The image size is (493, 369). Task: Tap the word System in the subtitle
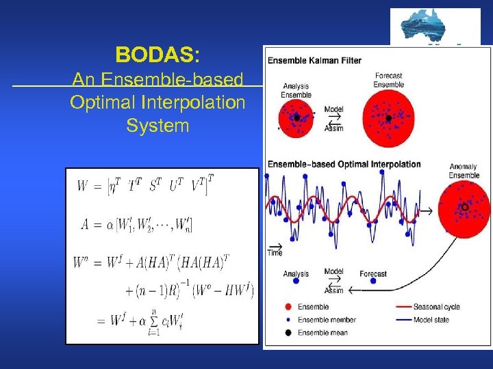click(157, 126)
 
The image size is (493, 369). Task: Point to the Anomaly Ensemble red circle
click(464, 206)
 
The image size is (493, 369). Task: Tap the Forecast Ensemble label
click(388, 80)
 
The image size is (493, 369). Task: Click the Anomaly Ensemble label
click(464, 171)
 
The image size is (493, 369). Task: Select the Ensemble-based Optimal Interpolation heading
click(344, 164)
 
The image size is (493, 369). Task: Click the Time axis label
click(275, 253)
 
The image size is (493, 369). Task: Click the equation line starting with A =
click(134, 225)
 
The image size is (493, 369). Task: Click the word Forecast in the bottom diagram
click(372, 274)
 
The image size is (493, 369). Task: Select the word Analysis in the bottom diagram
click(296, 274)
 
